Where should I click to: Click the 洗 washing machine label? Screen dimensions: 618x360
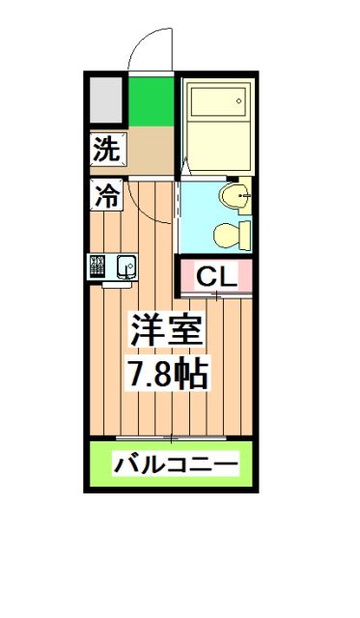107,150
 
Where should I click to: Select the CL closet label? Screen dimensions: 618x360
216,277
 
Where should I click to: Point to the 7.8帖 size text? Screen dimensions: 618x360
169,375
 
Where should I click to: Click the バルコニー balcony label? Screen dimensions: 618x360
175,465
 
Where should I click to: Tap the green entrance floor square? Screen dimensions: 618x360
150,101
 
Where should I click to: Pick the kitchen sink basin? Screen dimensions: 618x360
125,266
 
